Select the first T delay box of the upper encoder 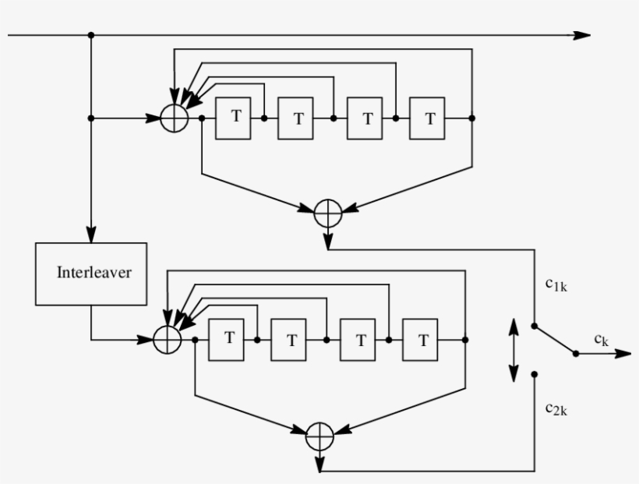click(x=234, y=118)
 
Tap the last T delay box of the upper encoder click(x=427, y=118)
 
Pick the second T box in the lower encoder click(x=290, y=340)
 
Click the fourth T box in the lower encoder click(x=420, y=340)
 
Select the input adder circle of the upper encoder click(x=174, y=118)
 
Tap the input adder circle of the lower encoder click(x=166, y=340)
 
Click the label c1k click(x=556, y=286)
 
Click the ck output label click(x=601, y=339)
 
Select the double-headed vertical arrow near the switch click(x=513, y=349)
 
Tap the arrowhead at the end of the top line click(x=583, y=35)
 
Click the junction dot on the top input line click(x=91, y=35)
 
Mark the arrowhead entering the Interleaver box click(x=91, y=235)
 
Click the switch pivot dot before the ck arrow click(x=576, y=353)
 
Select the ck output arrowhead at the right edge click(x=623, y=353)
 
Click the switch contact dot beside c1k click(x=534, y=325)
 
